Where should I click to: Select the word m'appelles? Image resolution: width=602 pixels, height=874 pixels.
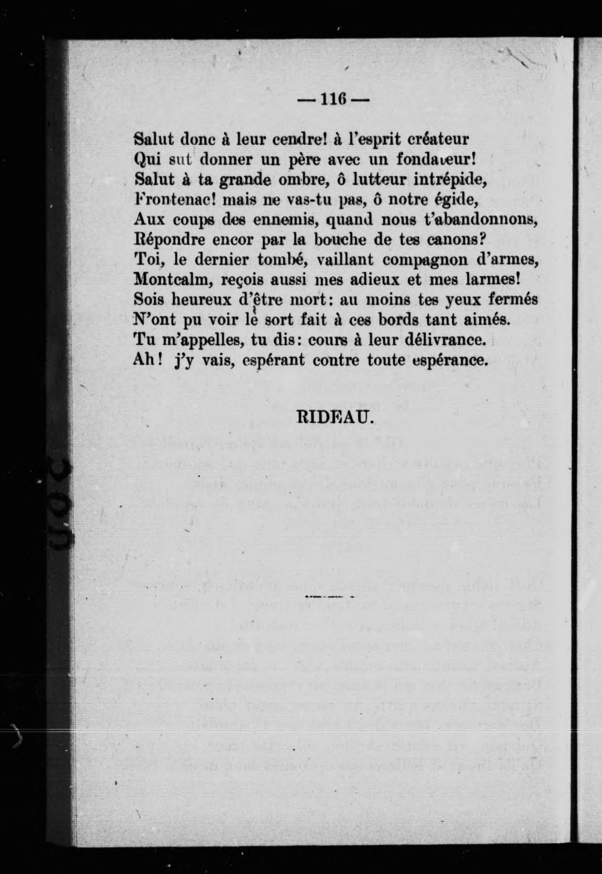pyautogui.click(x=196, y=340)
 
